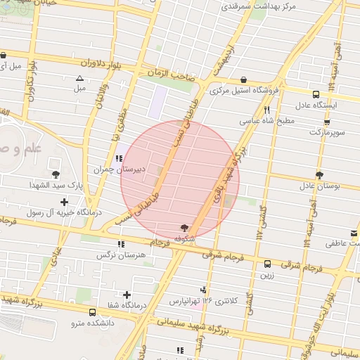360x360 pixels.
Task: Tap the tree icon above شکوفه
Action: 184,228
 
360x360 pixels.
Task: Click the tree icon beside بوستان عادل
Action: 320,174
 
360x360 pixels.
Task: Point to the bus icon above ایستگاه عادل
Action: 316,94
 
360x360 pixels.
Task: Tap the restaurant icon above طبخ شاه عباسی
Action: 266,110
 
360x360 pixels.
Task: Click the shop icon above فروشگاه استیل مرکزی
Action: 243,79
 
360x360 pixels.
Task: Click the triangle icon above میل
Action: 79,78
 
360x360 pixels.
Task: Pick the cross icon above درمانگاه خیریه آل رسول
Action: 65,202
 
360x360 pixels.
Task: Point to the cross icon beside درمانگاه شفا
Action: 127,295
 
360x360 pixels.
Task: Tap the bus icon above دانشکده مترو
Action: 92,312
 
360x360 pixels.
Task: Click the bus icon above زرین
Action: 266,264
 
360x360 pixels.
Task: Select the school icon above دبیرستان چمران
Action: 119,158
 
